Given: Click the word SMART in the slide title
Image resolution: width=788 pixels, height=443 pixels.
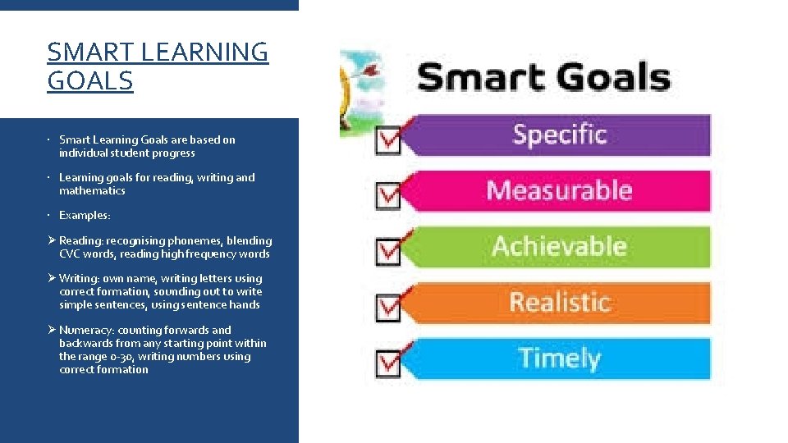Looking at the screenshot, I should (90, 52).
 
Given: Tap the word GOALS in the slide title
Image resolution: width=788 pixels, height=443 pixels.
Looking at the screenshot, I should (90, 81).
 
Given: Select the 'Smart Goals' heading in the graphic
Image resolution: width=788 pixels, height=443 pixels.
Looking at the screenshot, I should (543, 79).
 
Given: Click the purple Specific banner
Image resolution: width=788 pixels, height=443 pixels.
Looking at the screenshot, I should (558, 135).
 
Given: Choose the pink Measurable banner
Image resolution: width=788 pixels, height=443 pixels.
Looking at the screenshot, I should (558, 190).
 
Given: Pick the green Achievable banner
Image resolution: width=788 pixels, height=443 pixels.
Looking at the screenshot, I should (558, 246).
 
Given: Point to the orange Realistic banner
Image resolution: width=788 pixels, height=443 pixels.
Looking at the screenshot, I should (558, 302).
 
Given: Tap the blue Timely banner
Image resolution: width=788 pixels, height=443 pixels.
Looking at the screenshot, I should (558, 358).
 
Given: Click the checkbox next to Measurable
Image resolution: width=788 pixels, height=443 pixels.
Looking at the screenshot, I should (387, 196).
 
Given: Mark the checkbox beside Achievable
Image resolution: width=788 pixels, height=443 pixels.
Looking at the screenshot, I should (387, 251).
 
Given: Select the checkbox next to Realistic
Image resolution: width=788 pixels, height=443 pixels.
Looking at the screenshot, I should (387, 307).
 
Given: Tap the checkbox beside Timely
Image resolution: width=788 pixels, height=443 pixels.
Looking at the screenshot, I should (387, 363).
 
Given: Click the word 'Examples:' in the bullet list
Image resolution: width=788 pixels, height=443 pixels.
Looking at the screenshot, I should (85, 215).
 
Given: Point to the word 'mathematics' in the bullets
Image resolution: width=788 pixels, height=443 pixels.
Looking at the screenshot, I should (92, 190).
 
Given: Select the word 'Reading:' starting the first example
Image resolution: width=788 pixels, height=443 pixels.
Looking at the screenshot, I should (80, 240).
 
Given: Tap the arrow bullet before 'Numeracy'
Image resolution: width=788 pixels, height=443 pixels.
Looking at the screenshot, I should (52, 330).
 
